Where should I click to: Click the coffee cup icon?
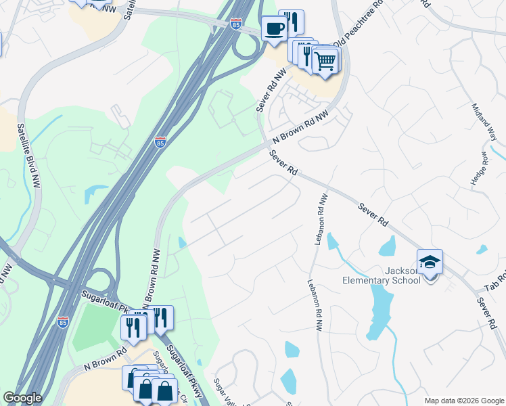274,28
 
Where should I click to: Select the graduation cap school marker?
430,262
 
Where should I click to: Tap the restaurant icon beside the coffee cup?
291,22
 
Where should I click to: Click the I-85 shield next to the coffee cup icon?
235,24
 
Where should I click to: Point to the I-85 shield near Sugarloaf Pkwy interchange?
63,322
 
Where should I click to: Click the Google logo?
22,398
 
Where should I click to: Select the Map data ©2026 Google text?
463,401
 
